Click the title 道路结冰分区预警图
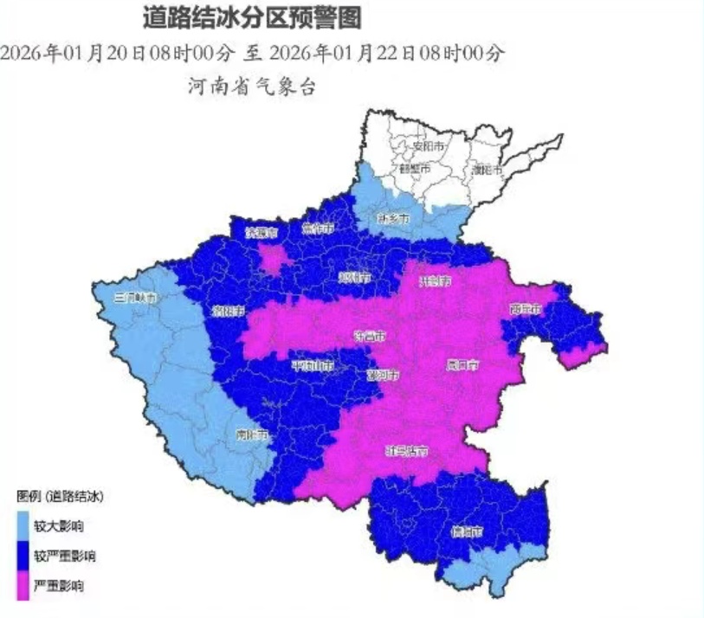click(252, 16)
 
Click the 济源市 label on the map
click(261, 233)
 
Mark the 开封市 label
click(434, 280)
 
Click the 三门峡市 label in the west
click(137, 298)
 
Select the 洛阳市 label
click(229, 310)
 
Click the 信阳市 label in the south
click(466, 532)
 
